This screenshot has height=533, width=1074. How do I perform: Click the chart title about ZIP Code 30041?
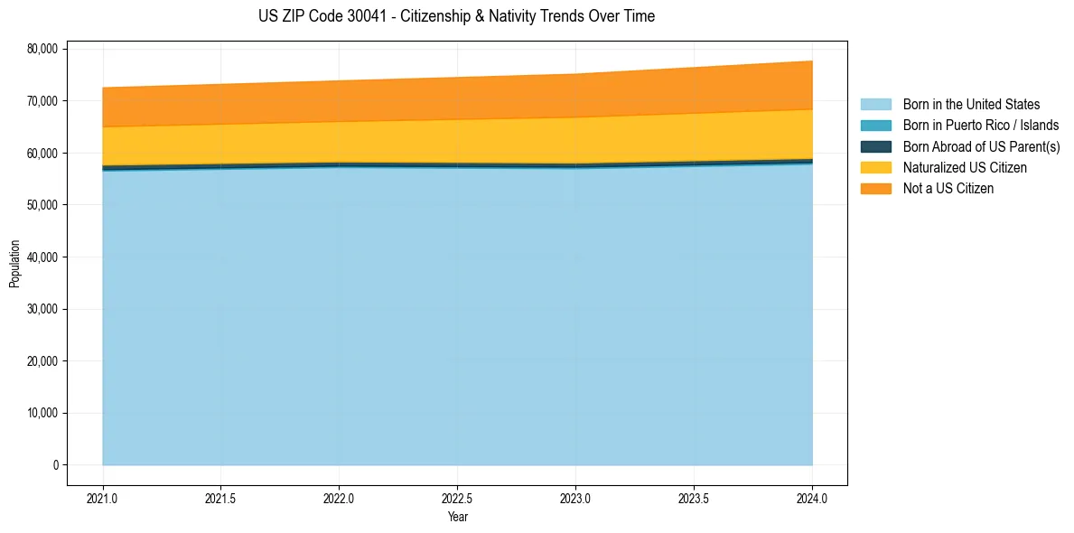[x=456, y=16]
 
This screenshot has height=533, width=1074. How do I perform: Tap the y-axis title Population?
[x=14, y=264]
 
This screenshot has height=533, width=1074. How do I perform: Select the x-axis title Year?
[x=457, y=518]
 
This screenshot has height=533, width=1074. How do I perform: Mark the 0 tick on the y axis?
[x=54, y=465]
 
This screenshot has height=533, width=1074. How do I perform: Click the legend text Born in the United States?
[x=971, y=105]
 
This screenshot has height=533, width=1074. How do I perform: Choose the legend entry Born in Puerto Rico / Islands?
[x=981, y=126]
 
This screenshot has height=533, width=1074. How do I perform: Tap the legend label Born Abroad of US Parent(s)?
[x=981, y=146]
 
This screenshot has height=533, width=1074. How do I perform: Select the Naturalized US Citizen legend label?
[x=965, y=167]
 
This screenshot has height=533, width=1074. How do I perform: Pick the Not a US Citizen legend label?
[x=948, y=188]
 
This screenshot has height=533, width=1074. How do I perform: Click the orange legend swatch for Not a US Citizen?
[x=876, y=188]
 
